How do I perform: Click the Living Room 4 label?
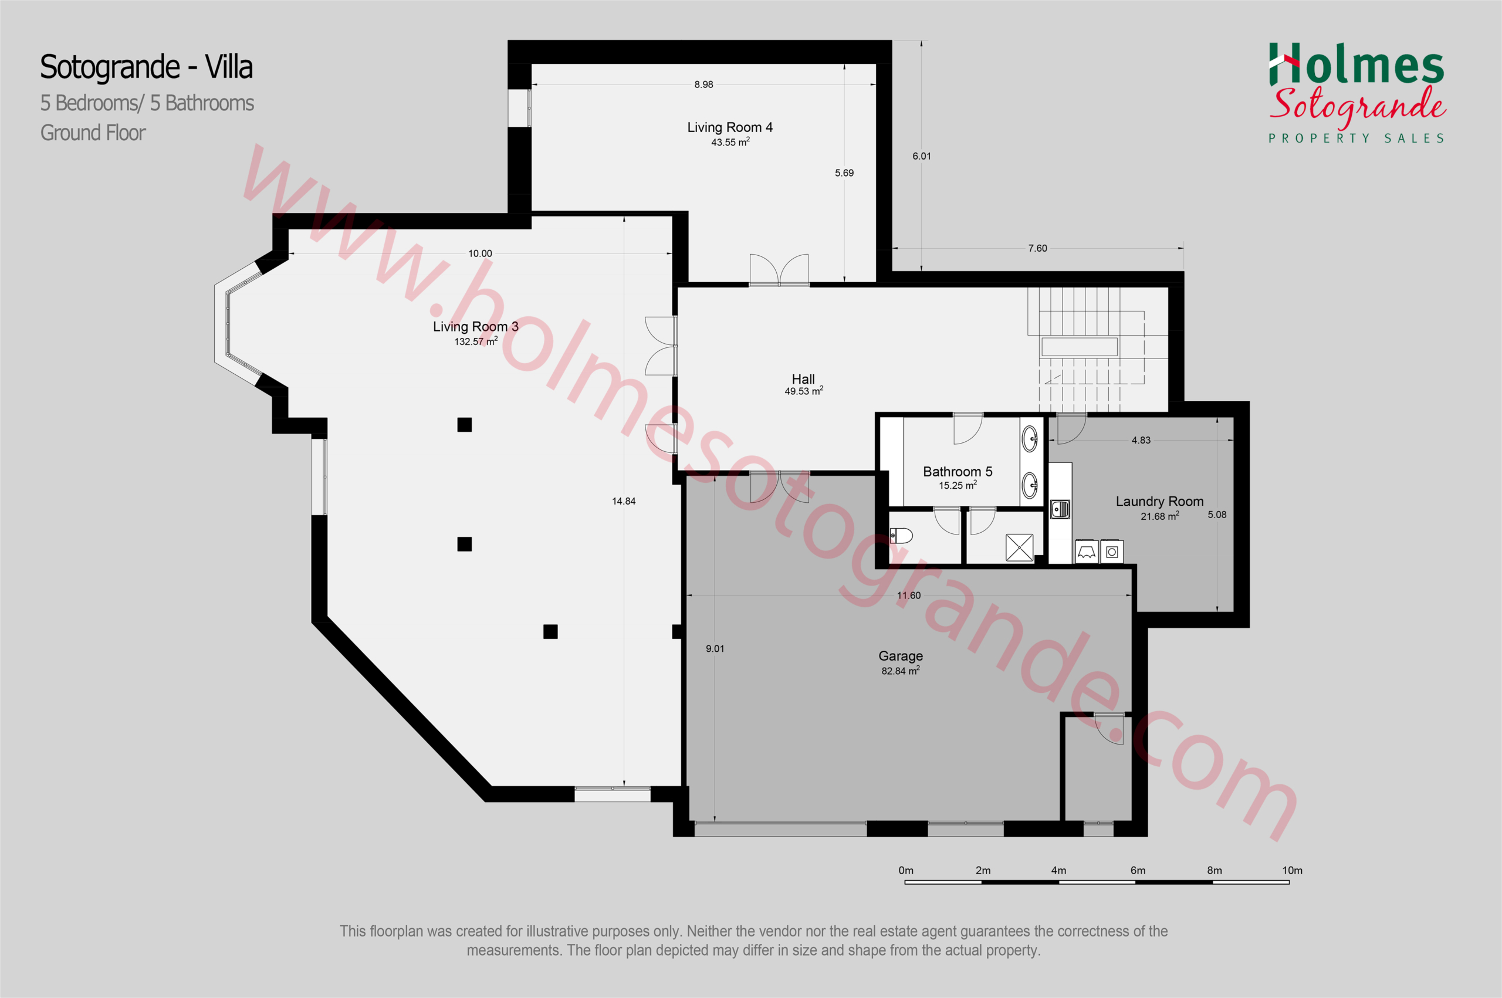730,127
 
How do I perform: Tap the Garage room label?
901,656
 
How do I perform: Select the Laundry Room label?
1159,502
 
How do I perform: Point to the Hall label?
803,380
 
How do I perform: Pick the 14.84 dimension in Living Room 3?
624,502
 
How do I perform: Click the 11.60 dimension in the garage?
909,596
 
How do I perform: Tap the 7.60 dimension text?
1037,248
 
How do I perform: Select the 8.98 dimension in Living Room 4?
704,84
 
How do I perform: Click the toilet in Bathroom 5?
901,535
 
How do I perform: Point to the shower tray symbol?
1019,547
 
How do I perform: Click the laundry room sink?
1060,509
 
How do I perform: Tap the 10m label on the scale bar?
1292,871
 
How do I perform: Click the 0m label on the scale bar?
906,871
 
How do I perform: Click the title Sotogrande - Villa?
146,67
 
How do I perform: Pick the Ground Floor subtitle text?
93,133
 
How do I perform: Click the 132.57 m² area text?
476,341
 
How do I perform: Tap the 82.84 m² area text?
901,671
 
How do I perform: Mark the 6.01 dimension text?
922,156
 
